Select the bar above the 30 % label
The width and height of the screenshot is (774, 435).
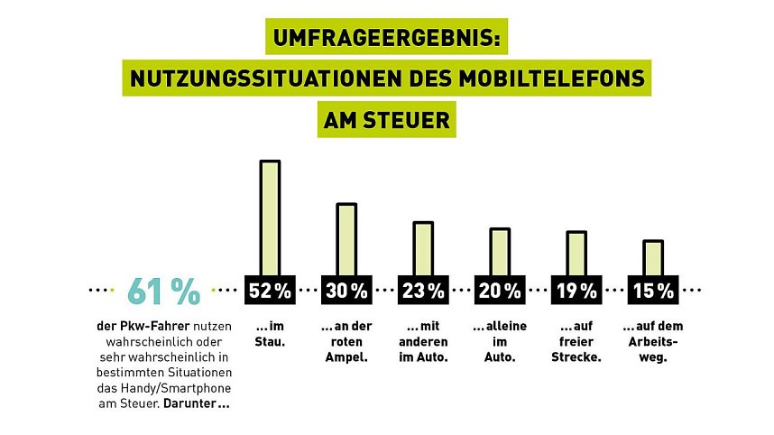(346, 239)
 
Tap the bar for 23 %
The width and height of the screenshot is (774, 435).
(423, 248)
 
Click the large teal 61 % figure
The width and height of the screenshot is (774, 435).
(163, 291)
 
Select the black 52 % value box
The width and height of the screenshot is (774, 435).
(270, 291)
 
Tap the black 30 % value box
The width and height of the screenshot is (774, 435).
(346, 291)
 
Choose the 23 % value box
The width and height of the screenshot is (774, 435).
(423, 291)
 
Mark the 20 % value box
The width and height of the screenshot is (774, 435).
(500, 291)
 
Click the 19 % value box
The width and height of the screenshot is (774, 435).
(576, 291)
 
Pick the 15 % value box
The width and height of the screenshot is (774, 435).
(652, 291)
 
